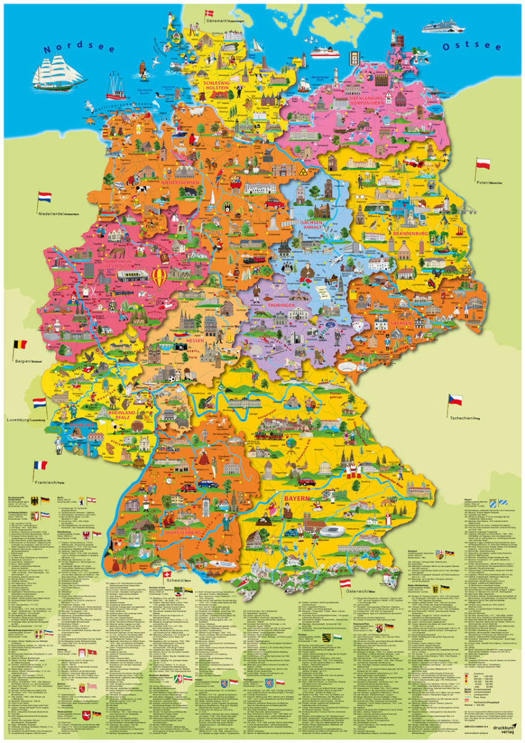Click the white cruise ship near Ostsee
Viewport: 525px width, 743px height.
tap(443, 27)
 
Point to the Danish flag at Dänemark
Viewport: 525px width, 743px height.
tap(208, 13)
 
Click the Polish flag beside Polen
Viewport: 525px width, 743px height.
tap(483, 164)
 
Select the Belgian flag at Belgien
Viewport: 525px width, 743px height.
tap(20, 344)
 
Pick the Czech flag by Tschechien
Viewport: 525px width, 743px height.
tap(455, 399)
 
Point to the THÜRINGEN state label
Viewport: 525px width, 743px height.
tap(282, 306)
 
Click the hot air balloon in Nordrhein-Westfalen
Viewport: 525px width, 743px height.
tap(159, 276)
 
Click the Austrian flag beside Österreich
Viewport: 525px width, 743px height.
tap(345, 583)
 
